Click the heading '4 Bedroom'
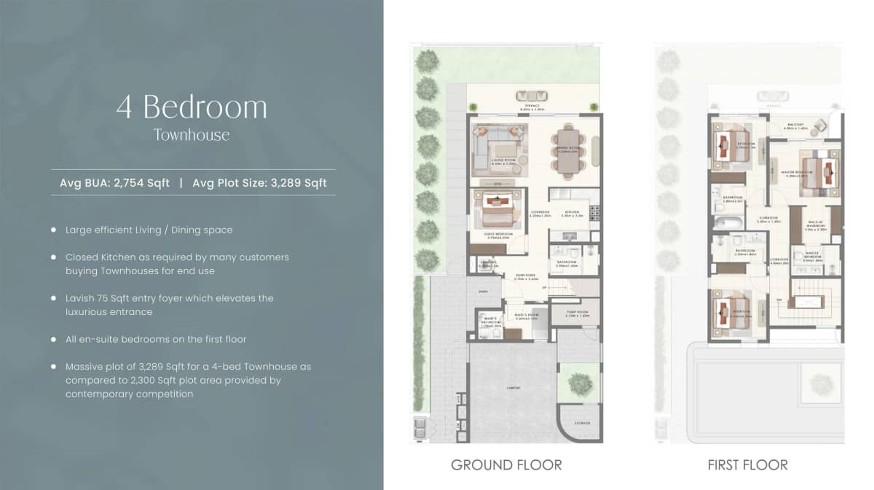[192, 107]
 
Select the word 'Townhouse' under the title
[192, 135]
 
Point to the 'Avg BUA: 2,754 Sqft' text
[114, 183]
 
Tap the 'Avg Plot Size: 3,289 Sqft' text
[259, 183]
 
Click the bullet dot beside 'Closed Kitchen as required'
[54, 257]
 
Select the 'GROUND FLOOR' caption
[506, 464]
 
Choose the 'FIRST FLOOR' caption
[747, 464]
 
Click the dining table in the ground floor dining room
[567, 151]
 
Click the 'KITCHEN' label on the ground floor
[569, 214]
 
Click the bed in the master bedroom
[819, 172]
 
